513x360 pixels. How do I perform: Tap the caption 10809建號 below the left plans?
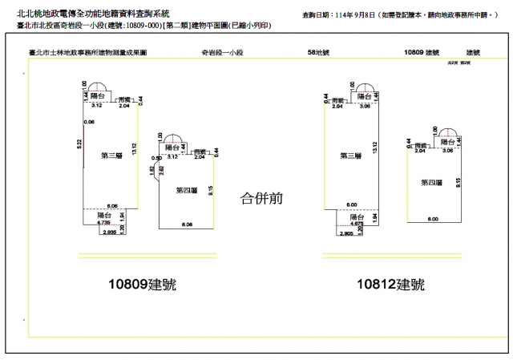(143, 285)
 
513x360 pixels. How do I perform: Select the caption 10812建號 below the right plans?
(391, 285)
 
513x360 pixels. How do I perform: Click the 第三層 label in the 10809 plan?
(111, 155)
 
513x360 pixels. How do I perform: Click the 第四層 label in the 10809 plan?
(187, 190)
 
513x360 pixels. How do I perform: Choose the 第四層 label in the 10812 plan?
(431, 183)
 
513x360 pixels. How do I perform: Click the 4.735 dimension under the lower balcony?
(103, 224)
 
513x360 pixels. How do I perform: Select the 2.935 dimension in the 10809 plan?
(109, 233)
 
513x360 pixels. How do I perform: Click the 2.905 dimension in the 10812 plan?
(346, 233)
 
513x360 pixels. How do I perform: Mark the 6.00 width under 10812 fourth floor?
(433, 219)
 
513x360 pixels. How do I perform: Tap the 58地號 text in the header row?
(318, 52)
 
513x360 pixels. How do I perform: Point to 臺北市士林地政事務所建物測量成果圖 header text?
(87, 52)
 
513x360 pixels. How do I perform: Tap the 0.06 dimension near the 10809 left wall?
(89, 122)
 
